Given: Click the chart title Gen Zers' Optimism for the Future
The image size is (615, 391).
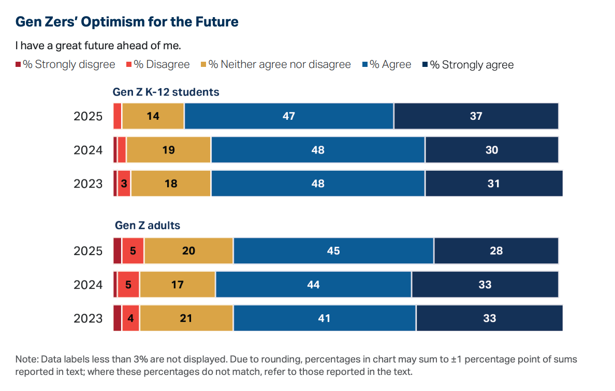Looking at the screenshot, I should coord(127,22).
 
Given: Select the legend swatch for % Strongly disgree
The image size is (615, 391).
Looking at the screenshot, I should coord(18,64).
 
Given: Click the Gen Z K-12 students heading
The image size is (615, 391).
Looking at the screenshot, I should coord(166,92).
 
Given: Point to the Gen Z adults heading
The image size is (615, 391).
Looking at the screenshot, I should coord(147,226).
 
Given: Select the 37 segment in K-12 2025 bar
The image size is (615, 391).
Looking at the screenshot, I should coord(476,116).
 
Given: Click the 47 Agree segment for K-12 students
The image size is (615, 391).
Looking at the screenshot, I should coord(289,116).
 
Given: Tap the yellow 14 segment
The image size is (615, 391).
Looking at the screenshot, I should coord(153,116).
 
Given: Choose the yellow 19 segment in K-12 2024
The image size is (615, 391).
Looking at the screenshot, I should coord(168,150).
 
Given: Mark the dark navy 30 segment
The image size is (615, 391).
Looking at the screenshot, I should coord(492,150).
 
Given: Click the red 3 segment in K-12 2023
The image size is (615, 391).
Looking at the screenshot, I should coord(124,184).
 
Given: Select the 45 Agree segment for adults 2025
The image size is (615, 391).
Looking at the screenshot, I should coord(333,251).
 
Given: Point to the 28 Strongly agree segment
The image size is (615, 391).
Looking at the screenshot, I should coord(496,251).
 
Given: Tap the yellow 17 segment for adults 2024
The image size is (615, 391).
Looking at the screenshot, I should coord(178,285).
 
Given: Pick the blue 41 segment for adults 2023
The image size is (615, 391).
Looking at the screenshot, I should coord(324,318).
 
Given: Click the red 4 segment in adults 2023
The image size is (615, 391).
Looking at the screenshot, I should coord(130,318).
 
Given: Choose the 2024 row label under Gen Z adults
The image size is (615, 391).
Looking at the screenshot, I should coord(88,285).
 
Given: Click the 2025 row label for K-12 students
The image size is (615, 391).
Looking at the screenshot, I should coord(88,116).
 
